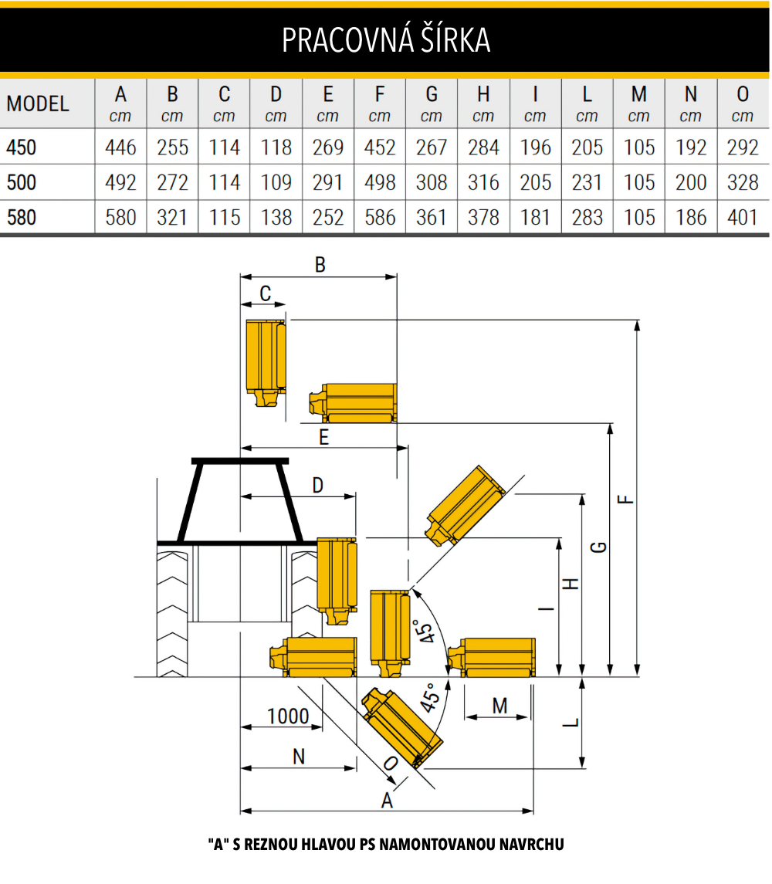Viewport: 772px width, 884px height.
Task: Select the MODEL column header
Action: tap(38, 103)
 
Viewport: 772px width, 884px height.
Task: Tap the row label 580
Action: tap(22, 217)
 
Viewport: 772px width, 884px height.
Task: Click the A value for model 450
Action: tap(120, 147)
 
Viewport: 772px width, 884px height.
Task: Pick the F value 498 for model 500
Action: tap(380, 183)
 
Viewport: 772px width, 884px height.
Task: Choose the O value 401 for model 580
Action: tap(743, 217)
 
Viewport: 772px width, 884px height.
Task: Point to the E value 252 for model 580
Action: tap(327, 217)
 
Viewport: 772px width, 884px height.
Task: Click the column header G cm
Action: tap(432, 103)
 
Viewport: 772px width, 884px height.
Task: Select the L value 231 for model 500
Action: tap(587, 183)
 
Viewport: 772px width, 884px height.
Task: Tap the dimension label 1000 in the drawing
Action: tap(288, 716)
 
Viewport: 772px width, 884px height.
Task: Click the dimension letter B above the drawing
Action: tap(320, 264)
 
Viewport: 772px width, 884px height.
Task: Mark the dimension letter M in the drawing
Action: tap(499, 706)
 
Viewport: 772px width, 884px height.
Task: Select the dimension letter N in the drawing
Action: tap(299, 757)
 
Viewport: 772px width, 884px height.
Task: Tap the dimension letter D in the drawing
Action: tap(318, 485)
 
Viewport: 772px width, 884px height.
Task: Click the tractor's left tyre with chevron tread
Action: tap(173, 615)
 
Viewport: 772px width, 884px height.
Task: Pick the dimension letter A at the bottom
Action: tap(387, 800)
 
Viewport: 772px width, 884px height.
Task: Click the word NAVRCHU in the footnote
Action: tap(532, 844)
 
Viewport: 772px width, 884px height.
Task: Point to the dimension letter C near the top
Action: tap(266, 293)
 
